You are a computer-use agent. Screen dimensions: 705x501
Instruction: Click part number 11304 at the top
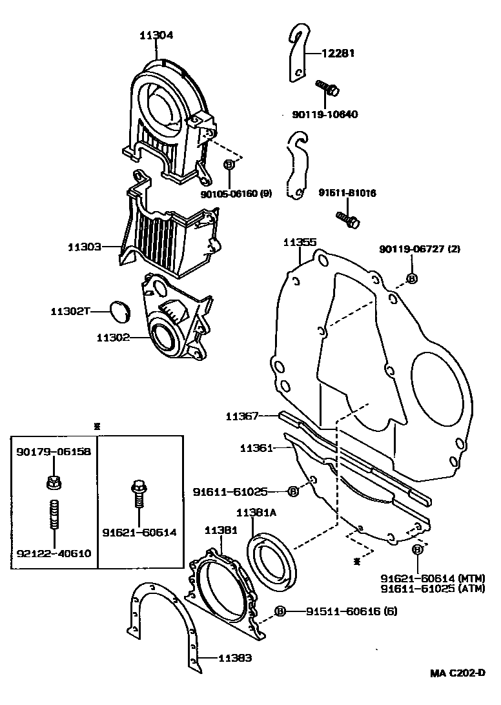pyautogui.click(x=156, y=36)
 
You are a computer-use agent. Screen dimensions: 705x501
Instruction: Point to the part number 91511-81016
pyautogui.click(x=347, y=193)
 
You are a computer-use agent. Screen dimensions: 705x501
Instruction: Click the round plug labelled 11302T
pyautogui.click(x=119, y=311)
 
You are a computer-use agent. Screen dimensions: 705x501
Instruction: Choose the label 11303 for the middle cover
pyautogui.click(x=85, y=247)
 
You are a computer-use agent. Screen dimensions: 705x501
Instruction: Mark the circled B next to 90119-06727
pyautogui.click(x=411, y=278)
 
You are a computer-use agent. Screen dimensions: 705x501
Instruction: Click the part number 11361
pyautogui.click(x=256, y=447)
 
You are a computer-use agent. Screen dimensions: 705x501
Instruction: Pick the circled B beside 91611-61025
pyautogui.click(x=292, y=492)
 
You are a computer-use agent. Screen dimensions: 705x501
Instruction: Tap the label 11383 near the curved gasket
pyautogui.click(x=234, y=659)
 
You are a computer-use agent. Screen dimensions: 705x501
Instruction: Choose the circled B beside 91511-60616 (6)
pyautogui.click(x=280, y=611)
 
